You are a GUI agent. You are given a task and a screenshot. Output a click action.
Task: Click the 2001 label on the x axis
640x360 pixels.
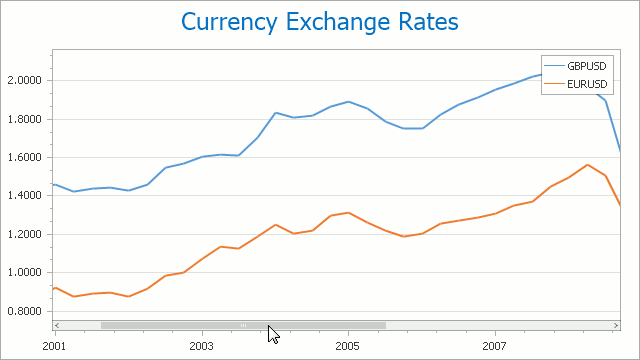pyautogui.click(x=54, y=344)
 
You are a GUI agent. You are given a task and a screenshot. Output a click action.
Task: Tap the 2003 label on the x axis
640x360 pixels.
pyautogui.click(x=201, y=344)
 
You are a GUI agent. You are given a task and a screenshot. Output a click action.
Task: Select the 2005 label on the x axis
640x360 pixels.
pyautogui.click(x=348, y=344)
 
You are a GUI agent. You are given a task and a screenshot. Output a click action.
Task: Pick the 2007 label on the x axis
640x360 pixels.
pyautogui.click(x=495, y=344)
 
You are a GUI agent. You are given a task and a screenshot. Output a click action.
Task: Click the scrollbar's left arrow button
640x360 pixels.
pyautogui.click(x=58, y=325)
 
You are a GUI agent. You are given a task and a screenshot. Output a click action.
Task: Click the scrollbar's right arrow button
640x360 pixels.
pyautogui.click(x=616, y=325)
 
